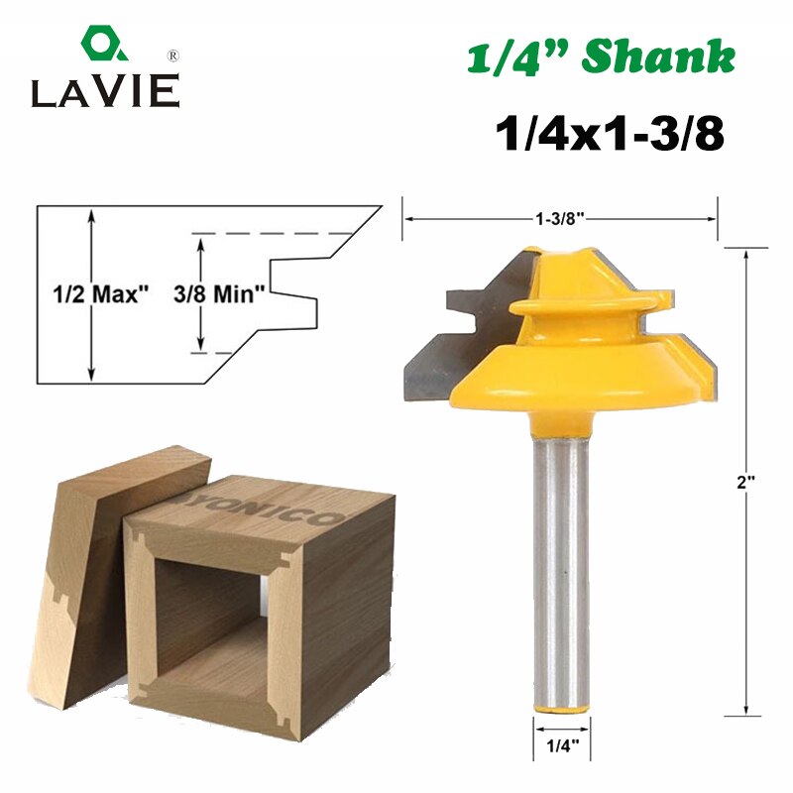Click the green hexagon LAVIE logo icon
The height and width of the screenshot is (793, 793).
click(104, 44)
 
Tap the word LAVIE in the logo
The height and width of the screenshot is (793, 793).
click(105, 91)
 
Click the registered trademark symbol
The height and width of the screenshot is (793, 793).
click(172, 56)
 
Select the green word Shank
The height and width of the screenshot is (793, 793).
click(658, 57)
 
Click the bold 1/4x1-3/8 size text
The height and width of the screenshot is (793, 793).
click(610, 134)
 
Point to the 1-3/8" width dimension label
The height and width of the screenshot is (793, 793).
click(560, 219)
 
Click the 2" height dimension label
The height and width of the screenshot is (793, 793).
click(745, 483)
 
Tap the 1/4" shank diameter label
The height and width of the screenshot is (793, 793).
click(562, 746)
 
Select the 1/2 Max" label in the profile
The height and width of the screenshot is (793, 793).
click(102, 293)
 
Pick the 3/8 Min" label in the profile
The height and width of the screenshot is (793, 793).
click(219, 293)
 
